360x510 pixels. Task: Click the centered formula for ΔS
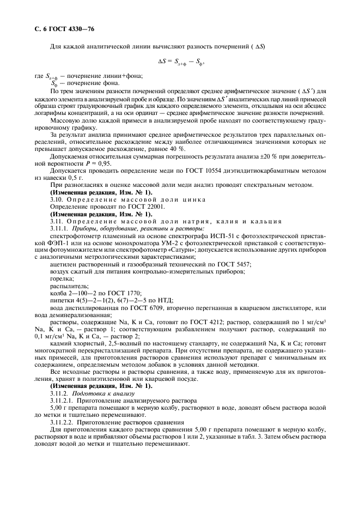point(180,62)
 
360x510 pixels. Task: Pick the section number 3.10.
point(57,199)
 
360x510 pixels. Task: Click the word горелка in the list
point(62,277)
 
